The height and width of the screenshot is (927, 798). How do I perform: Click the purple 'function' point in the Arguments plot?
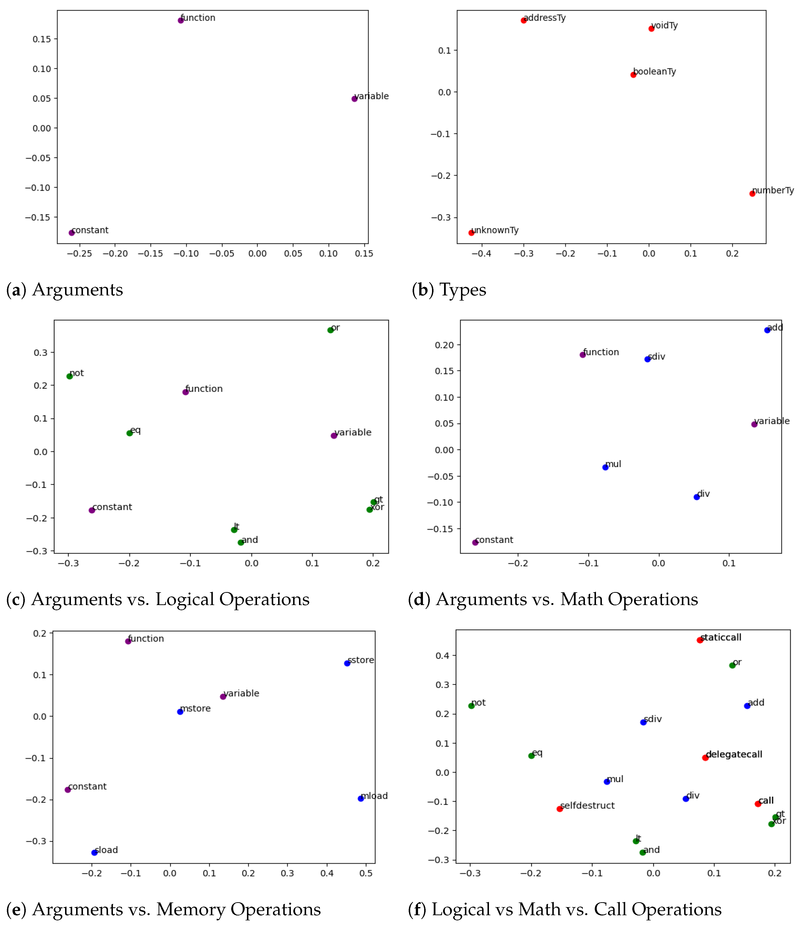(181, 20)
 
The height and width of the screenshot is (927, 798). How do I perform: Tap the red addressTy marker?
(523, 20)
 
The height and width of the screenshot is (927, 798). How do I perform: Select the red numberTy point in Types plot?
(752, 193)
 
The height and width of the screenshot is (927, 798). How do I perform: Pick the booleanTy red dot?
(633, 75)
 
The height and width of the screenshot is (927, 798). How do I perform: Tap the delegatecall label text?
(734, 754)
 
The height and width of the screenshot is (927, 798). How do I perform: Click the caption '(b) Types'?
(449, 290)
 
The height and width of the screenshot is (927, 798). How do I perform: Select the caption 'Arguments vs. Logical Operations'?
(170, 599)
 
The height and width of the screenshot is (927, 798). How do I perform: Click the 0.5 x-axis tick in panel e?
(366, 873)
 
